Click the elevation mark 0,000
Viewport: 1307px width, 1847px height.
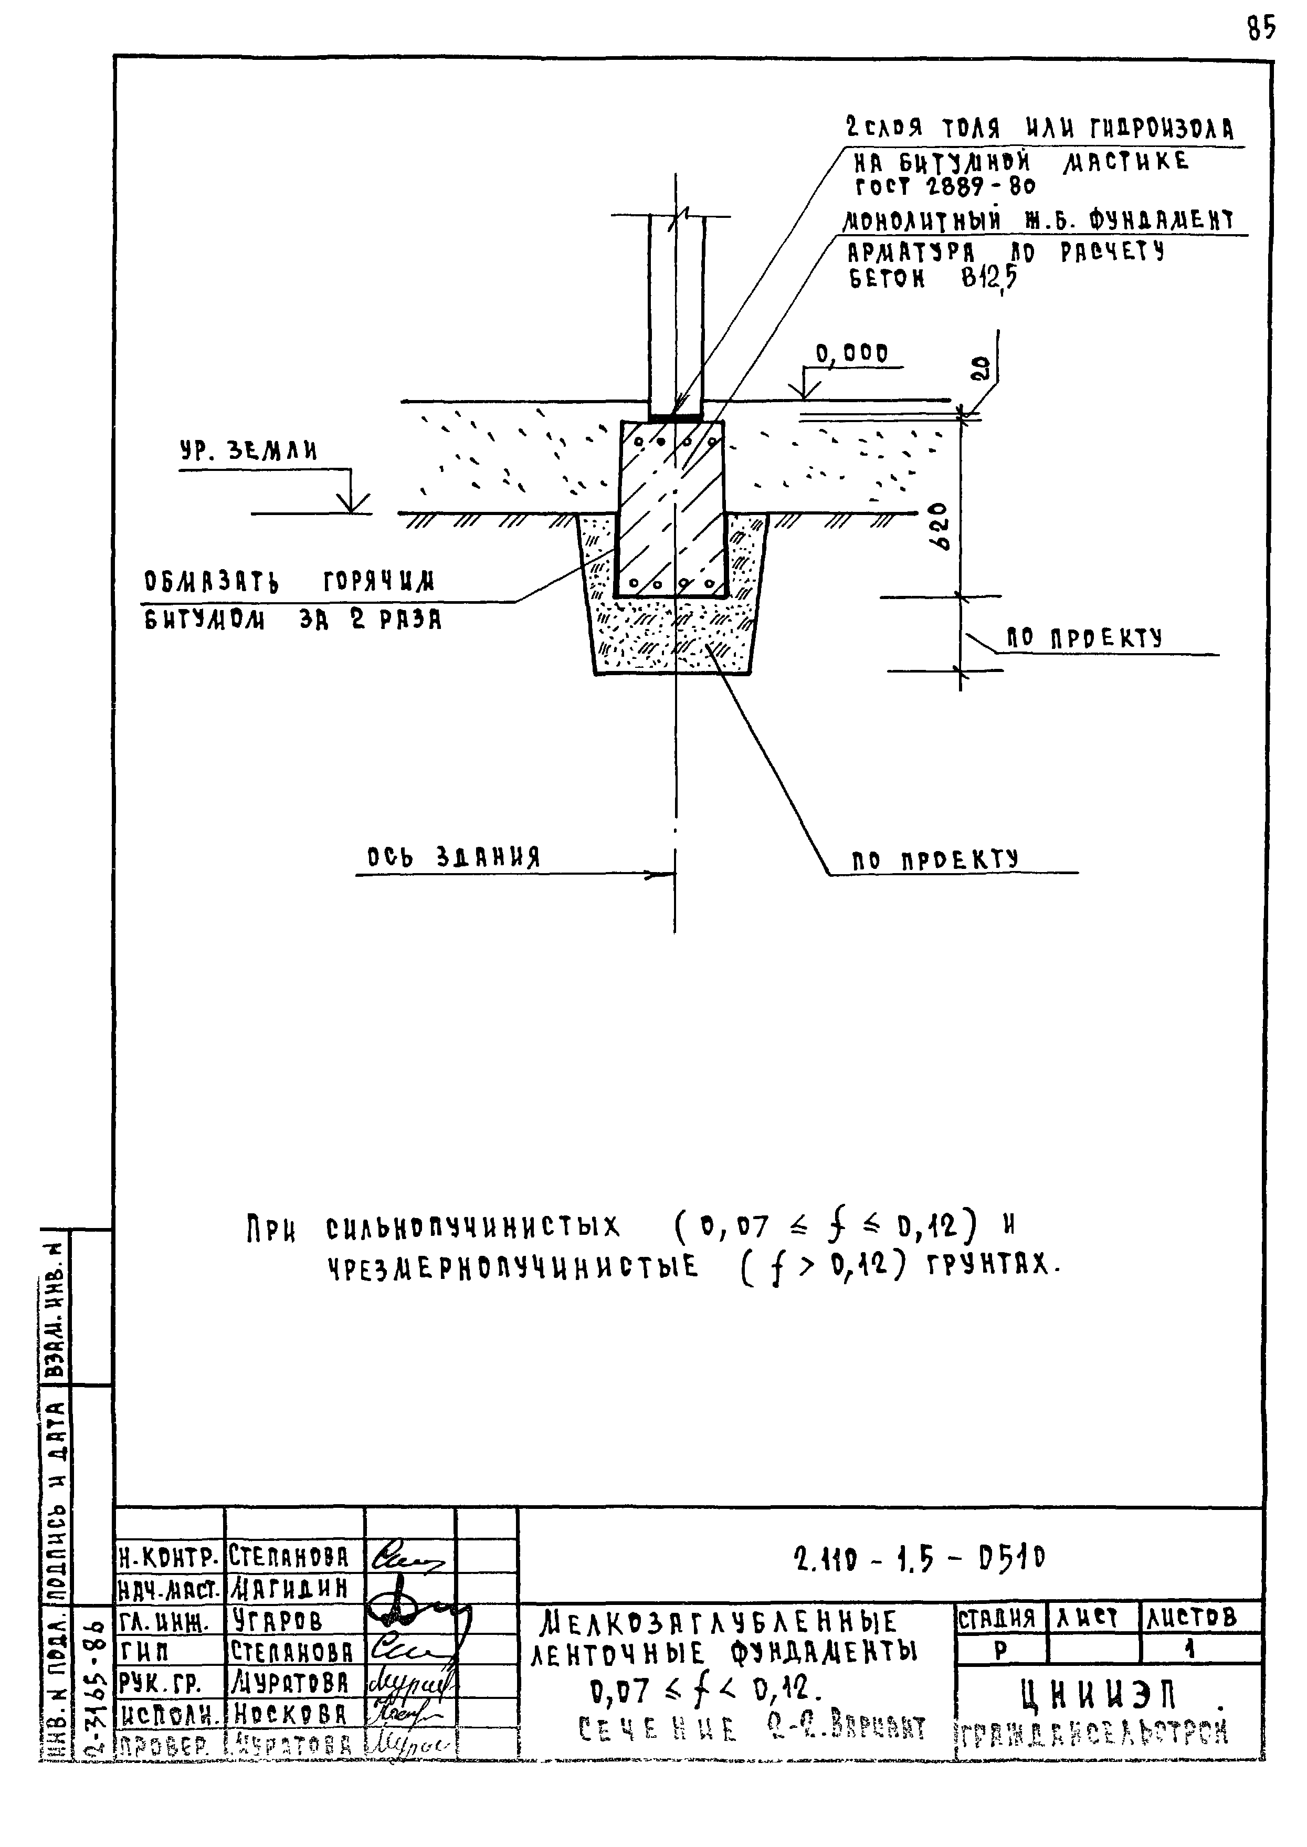[851, 354]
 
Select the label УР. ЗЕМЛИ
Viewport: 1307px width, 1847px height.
[248, 452]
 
